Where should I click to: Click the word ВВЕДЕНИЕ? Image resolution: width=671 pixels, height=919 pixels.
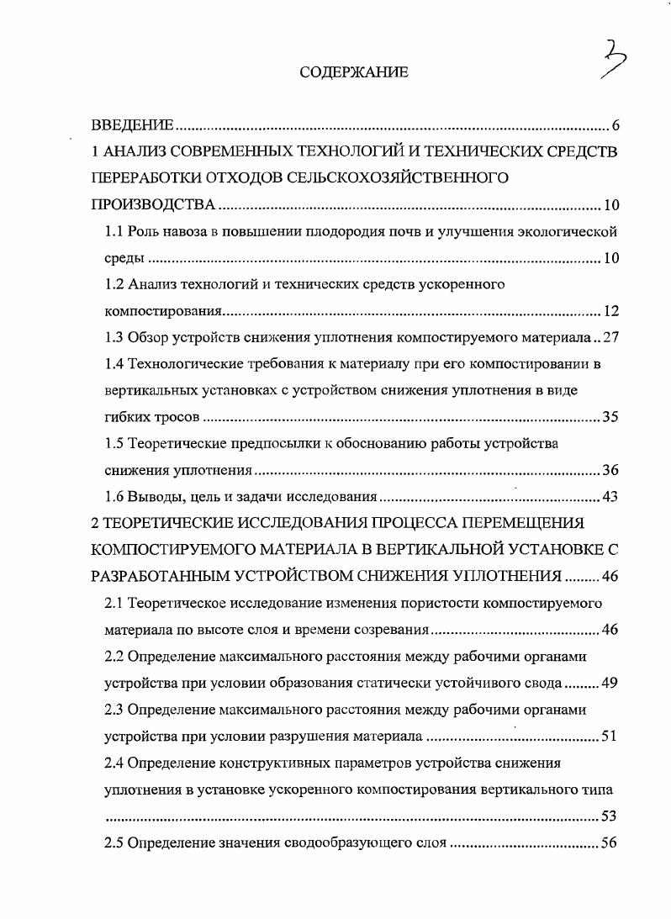pos(132,126)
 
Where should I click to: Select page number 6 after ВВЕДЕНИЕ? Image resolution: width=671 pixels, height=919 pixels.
pos(615,126)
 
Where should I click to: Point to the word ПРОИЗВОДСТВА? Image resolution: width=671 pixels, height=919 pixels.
pos(154,205)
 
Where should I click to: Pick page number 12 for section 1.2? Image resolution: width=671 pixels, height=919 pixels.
pos(611,311)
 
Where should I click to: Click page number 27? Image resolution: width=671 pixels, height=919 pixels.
pos(611,337)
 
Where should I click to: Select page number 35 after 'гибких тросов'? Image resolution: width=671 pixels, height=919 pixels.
pos(611,417)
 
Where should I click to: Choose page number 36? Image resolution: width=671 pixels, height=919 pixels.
pos(611,470)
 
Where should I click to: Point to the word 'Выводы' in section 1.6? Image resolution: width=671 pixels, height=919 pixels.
pos(153,496)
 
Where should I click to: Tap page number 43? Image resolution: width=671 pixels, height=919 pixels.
pos(611,496)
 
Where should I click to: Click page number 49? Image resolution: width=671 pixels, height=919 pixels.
pos(611,682)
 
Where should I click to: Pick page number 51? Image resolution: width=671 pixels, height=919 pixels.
pos(611,737)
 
